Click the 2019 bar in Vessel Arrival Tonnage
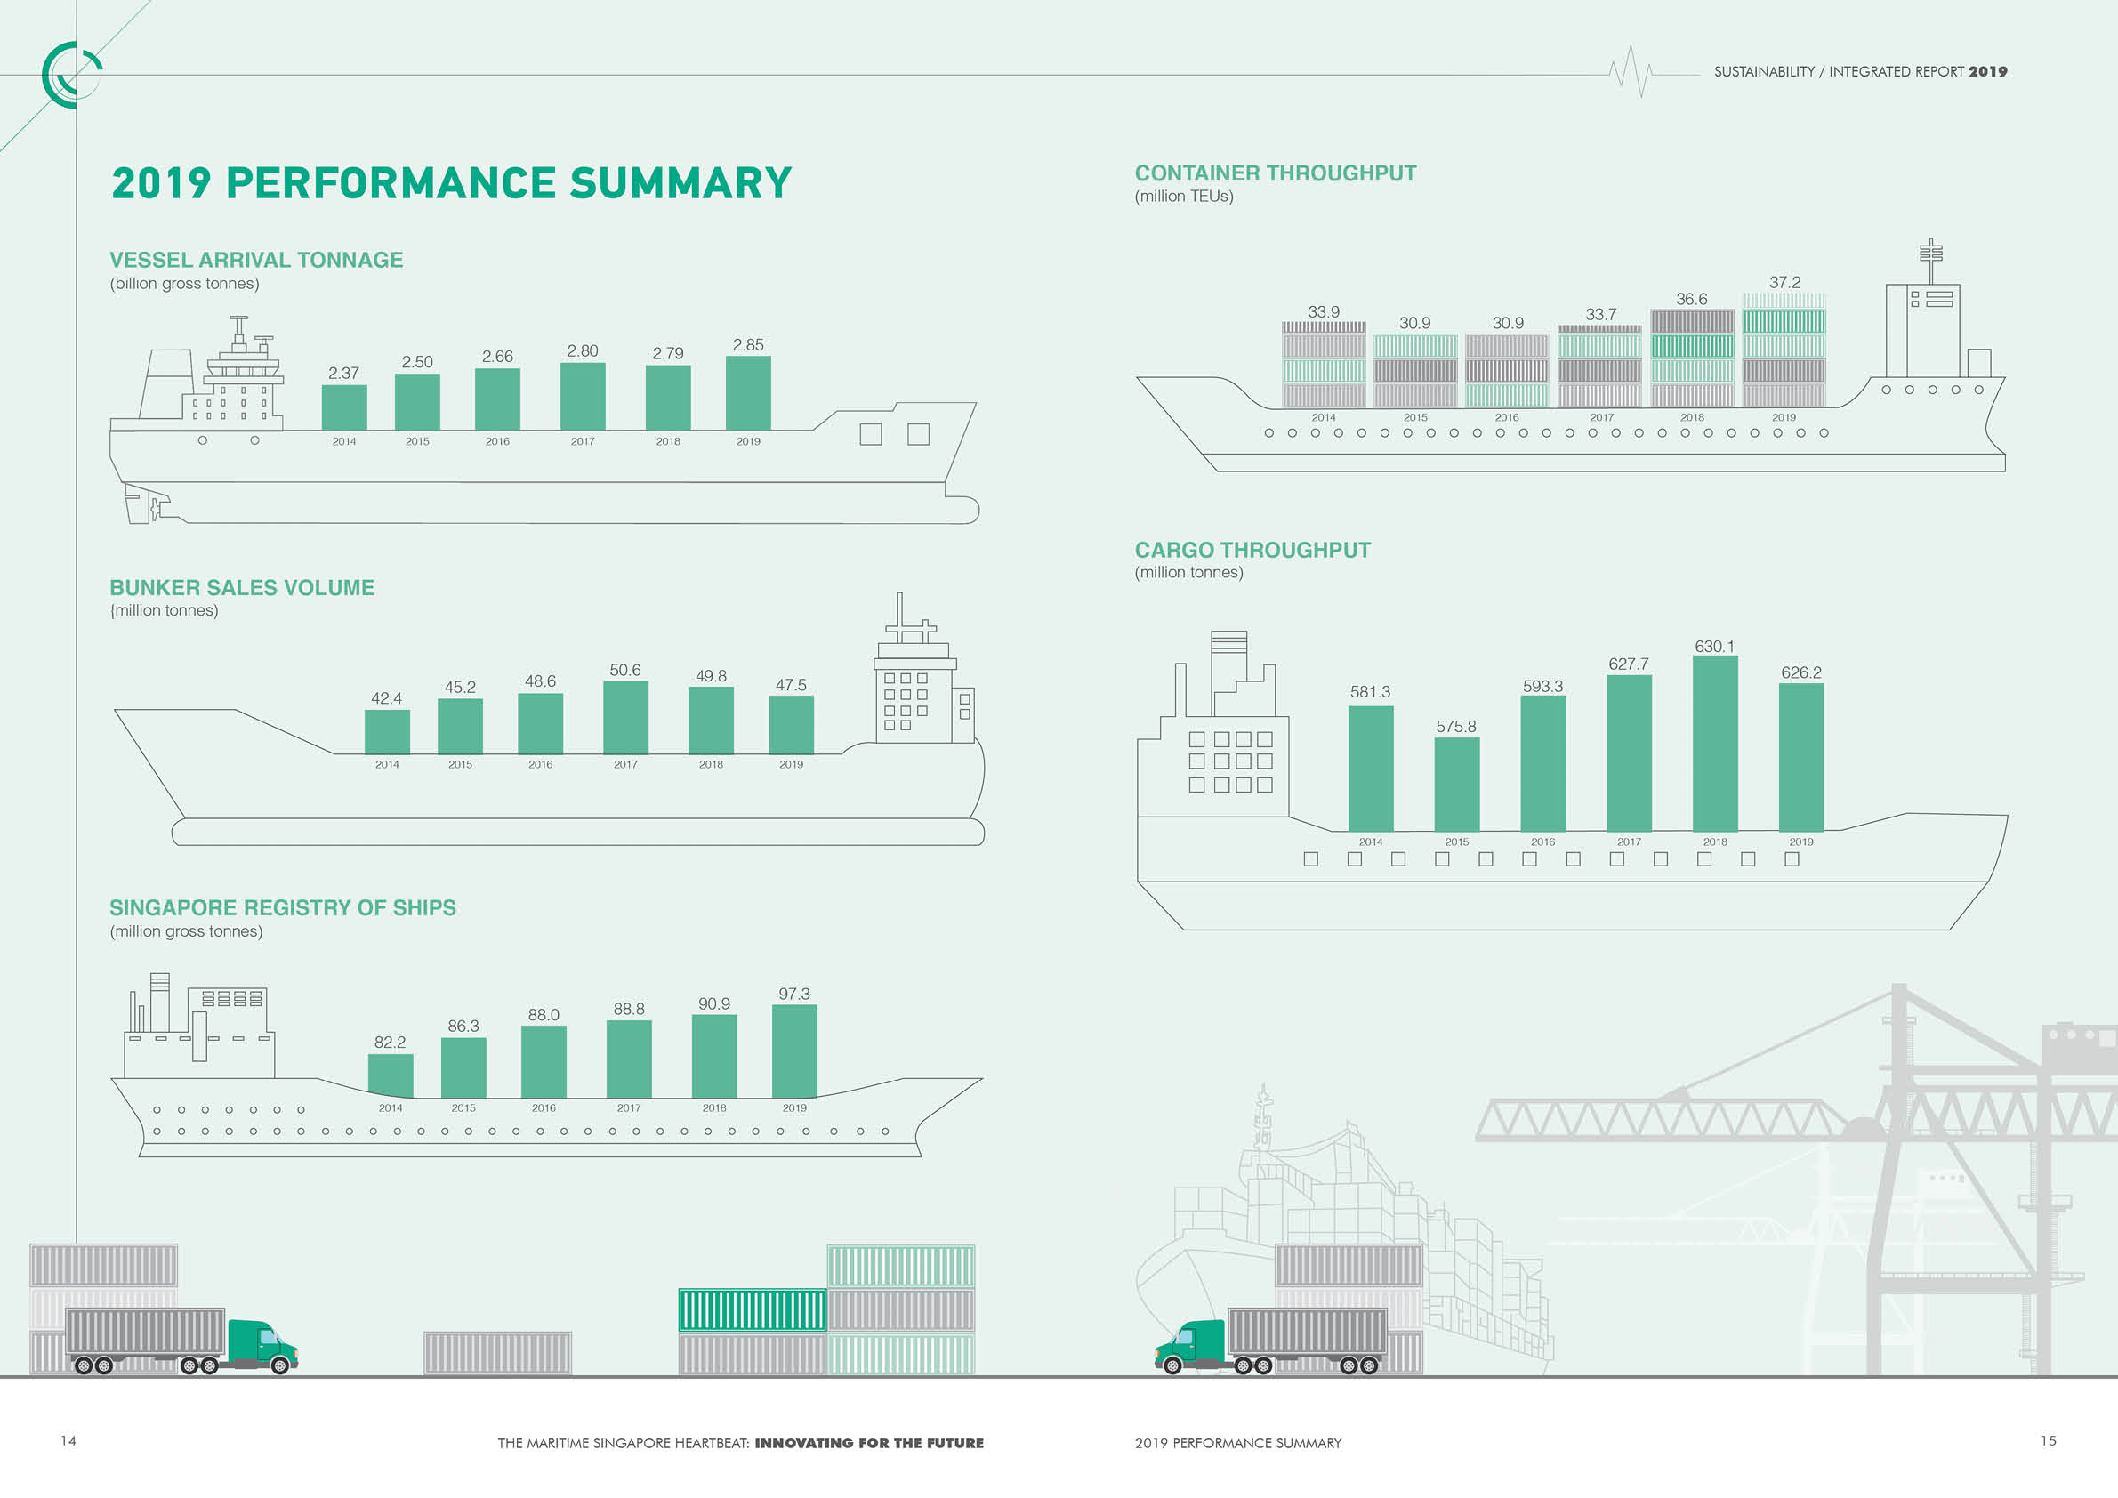(748, 394)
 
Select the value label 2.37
(343, 374)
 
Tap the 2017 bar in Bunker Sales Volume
(625, 718)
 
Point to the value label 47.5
(791, 685)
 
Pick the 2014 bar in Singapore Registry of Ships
(391, 1075)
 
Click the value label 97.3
(794, 995)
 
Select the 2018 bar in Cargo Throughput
(1715, 744)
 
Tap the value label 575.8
(1455, 727)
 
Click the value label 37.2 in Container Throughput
(1784, 282)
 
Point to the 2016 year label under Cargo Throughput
(1542, 842)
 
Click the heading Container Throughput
(1275, 173)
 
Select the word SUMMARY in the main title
(680, 182)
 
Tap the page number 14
(68, 1441)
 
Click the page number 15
(2048, 1441)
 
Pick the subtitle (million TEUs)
(1183, 197)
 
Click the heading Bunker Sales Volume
(242, 588)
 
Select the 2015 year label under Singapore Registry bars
(463, 1108)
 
